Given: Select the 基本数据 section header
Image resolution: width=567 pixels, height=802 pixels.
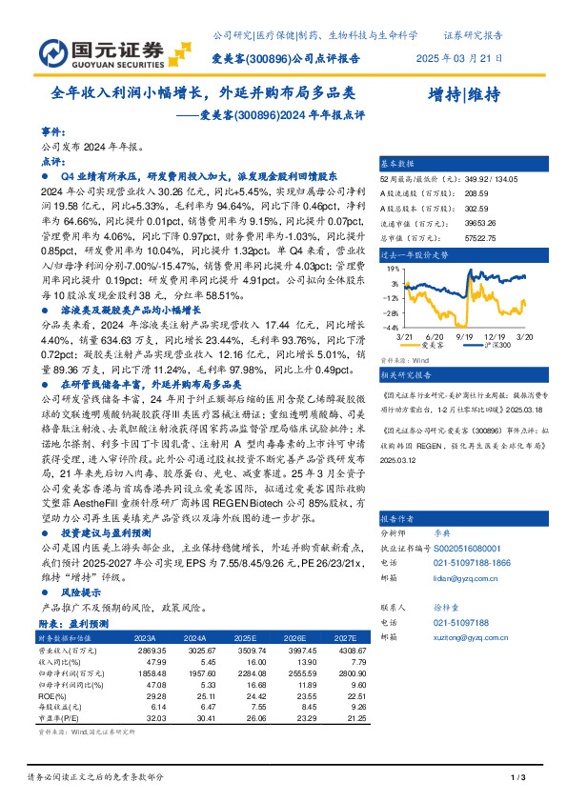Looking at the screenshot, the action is point(397,163).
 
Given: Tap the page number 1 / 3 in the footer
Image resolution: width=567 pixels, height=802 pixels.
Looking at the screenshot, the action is point(517,779).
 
